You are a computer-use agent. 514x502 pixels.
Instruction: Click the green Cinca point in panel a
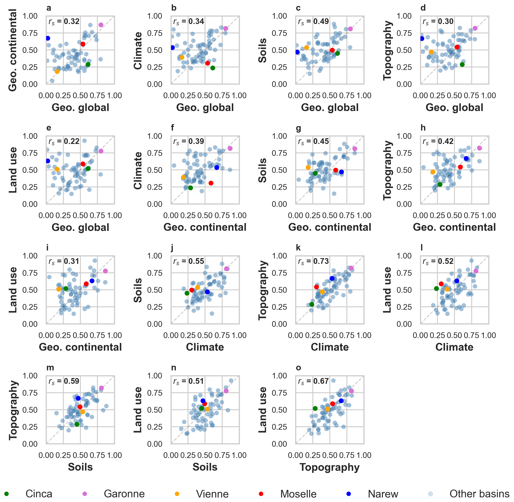(x=88, y=64)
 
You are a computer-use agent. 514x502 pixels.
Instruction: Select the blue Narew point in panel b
(x=172, y=48)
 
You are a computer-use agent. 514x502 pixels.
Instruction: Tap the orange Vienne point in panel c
(x=306, y=48)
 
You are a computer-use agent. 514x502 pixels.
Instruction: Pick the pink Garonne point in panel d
(x=475, y=28)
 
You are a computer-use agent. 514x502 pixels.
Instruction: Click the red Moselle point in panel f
(x=211, y=183)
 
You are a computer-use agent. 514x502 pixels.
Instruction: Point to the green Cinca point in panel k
(x=312, y=304)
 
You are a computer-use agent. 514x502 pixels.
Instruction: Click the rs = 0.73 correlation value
(x=314, y=261)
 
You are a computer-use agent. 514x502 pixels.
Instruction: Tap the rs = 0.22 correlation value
(x=64, y=141)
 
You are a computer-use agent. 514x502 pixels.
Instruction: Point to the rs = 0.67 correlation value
(x=314, y=381)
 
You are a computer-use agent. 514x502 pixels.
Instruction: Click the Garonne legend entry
(x=124, y=494)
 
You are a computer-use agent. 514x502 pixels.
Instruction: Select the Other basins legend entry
(x=479, y=494)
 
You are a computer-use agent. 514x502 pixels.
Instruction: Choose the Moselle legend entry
(x=298, y=494)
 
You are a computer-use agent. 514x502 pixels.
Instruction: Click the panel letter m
(x=50, y=368)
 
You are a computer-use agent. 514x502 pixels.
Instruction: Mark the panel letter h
(x=423, y=128)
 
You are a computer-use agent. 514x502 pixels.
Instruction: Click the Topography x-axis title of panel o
(x=330, y=467)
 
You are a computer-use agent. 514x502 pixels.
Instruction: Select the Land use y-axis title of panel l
(x=387, y=290)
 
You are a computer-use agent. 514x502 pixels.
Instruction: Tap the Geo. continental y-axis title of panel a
(x=13, y=50)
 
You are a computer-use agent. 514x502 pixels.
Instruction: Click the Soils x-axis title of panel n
(x=205, y=467)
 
